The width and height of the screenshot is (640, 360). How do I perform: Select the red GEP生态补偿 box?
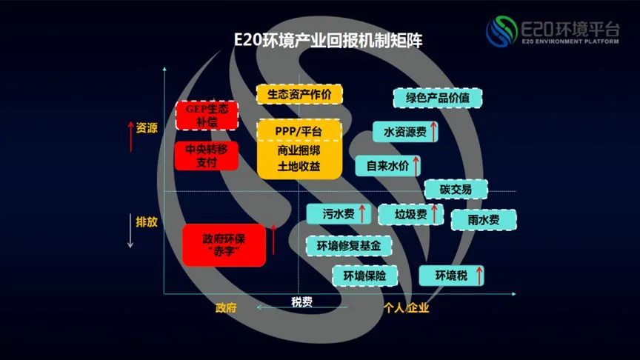207,115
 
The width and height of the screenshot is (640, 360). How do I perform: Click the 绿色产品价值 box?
437,97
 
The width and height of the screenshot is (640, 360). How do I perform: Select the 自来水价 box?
388,165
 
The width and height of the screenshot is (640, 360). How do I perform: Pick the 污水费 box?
339,214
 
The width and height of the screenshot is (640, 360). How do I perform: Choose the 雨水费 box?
483,219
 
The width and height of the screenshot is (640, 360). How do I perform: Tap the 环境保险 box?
364,276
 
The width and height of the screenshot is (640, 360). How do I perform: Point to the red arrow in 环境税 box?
479,276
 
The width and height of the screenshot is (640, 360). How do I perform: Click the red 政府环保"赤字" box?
224,245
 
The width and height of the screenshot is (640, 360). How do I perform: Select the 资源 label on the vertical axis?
147,128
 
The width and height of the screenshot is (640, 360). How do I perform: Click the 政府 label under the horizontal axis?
226,307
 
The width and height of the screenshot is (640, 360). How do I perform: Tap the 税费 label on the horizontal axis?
301,301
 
